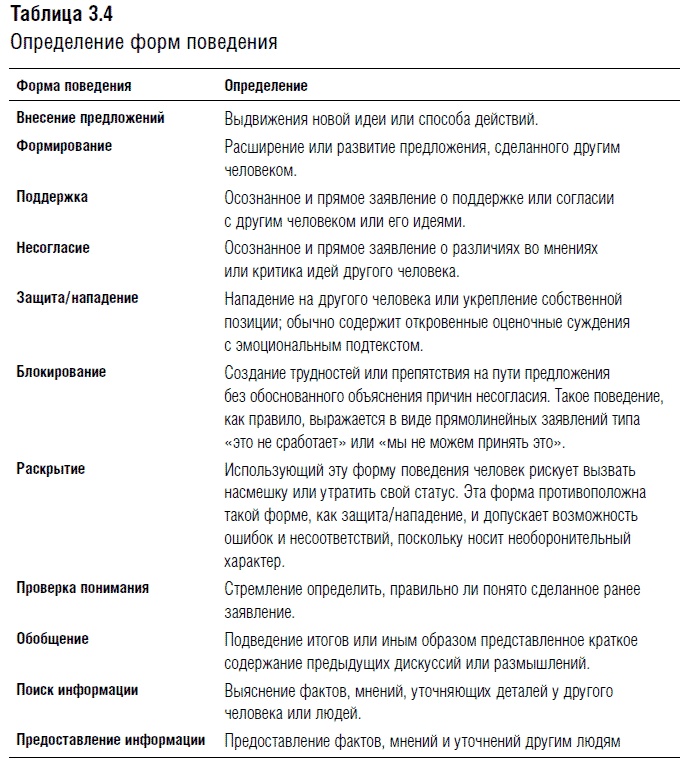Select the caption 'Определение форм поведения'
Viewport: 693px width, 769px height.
point(143,43)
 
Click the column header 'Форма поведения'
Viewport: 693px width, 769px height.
point(74,86)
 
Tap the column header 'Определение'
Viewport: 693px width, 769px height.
point(265,86)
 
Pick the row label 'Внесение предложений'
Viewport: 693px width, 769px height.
point(90,118)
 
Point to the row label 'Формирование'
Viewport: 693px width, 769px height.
point(64,146)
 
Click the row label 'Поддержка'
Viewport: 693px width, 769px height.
point(52,197)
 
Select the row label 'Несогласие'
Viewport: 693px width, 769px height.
point(53,248)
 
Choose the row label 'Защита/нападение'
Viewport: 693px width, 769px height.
point(77,298)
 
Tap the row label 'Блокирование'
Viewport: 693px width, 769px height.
point(61,372)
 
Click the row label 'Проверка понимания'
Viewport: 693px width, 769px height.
point(83,588)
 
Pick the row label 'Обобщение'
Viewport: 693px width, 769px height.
point(52,639)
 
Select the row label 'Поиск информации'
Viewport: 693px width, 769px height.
point(77,690)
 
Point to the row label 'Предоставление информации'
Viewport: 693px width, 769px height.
point(111,741)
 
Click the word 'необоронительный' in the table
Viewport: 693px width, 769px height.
point(574,539)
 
